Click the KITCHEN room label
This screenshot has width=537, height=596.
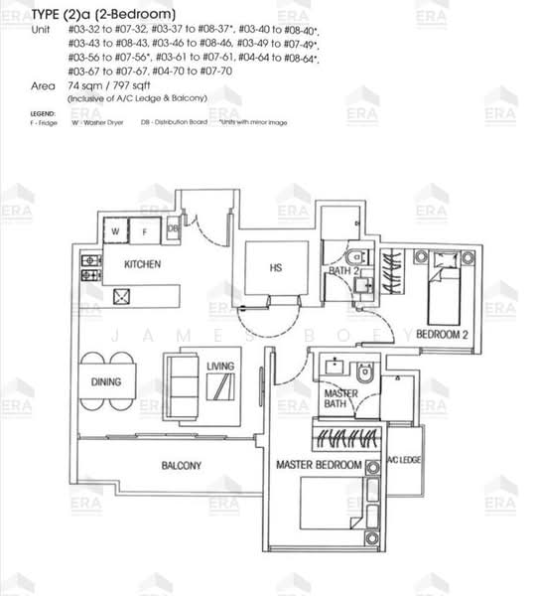point(143,265)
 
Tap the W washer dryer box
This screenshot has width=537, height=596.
point(116,230)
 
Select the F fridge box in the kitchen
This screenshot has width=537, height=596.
point(144,230)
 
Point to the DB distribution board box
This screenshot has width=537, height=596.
point(173,228)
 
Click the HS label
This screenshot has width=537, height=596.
point(276,267)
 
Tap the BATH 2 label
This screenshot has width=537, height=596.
point(343,272)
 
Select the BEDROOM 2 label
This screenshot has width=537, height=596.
point(442,333)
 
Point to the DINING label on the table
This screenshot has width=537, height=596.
point(105,379)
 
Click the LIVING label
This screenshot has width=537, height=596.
point(220,367)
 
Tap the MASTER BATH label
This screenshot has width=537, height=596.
point(341,399)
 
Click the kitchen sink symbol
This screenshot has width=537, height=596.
point(125,296)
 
